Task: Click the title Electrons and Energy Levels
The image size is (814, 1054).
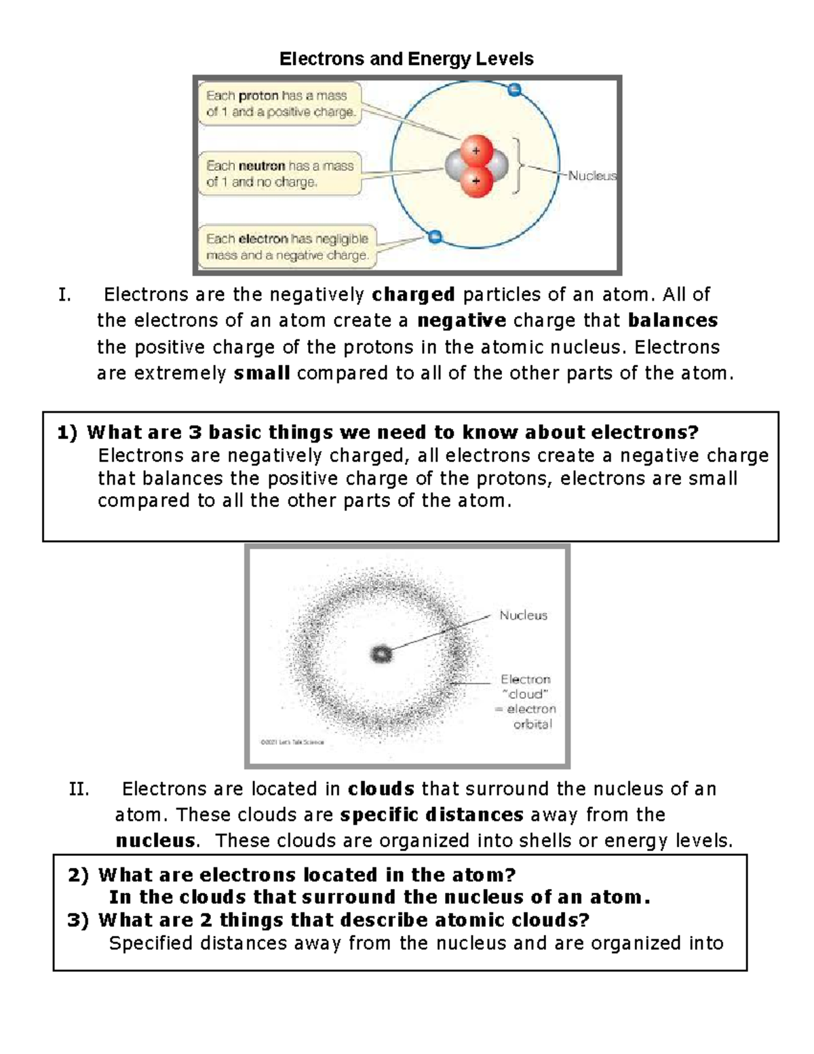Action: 406,59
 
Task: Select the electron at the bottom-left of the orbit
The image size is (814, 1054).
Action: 435,236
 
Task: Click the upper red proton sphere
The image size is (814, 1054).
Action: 476,151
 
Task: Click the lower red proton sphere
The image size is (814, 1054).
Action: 476,181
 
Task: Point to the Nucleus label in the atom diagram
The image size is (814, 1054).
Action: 592,176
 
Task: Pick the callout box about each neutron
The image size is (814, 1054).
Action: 280,174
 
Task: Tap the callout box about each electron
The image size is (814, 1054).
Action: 288,247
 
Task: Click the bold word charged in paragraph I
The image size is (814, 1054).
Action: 414,295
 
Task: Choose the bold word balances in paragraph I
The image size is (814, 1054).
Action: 673,320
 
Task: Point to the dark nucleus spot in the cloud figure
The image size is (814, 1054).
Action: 381,654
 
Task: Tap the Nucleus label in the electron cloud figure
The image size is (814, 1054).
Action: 523,616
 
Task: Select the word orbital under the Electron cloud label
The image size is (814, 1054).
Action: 532,724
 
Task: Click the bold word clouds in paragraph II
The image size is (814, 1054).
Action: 381,789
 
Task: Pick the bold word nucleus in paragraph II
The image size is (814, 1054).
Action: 155,841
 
